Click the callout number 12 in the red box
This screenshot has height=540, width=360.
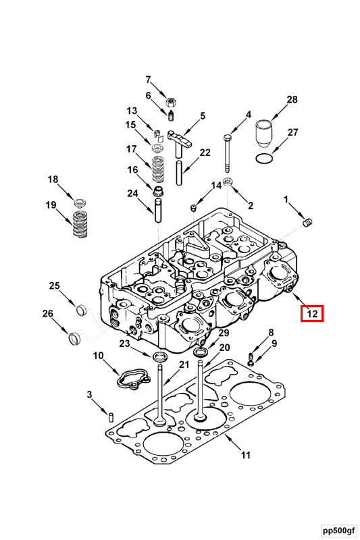coord(313,313)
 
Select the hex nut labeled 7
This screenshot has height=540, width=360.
coord(172,102)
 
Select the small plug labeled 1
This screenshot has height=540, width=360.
coord(309,222)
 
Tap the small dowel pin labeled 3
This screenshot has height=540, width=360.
coord(111,414)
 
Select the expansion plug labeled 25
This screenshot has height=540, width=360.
coord(81,310)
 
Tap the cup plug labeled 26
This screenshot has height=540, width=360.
coord(75,335)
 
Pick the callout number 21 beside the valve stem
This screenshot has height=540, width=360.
coord(184,365)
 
